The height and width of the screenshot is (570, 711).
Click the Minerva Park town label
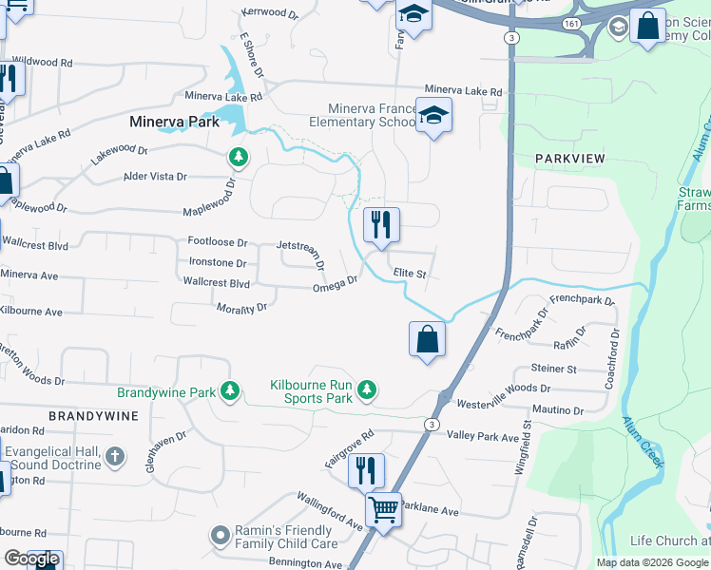175,122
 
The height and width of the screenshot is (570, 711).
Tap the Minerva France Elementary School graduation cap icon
433,116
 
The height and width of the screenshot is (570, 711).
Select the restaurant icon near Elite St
381,225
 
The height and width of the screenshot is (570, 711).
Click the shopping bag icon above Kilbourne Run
427,339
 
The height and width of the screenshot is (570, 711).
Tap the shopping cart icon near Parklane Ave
383,509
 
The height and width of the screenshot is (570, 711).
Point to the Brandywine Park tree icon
229,391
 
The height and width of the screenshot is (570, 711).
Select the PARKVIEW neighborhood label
569,159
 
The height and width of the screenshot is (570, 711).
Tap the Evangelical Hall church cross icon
114,457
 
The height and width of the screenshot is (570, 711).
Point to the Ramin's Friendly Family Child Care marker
220,537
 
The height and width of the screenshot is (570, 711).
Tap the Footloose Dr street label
217,243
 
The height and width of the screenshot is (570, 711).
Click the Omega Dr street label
335,283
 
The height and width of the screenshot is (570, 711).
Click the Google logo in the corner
32,559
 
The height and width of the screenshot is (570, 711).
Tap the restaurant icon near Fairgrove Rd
366,469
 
